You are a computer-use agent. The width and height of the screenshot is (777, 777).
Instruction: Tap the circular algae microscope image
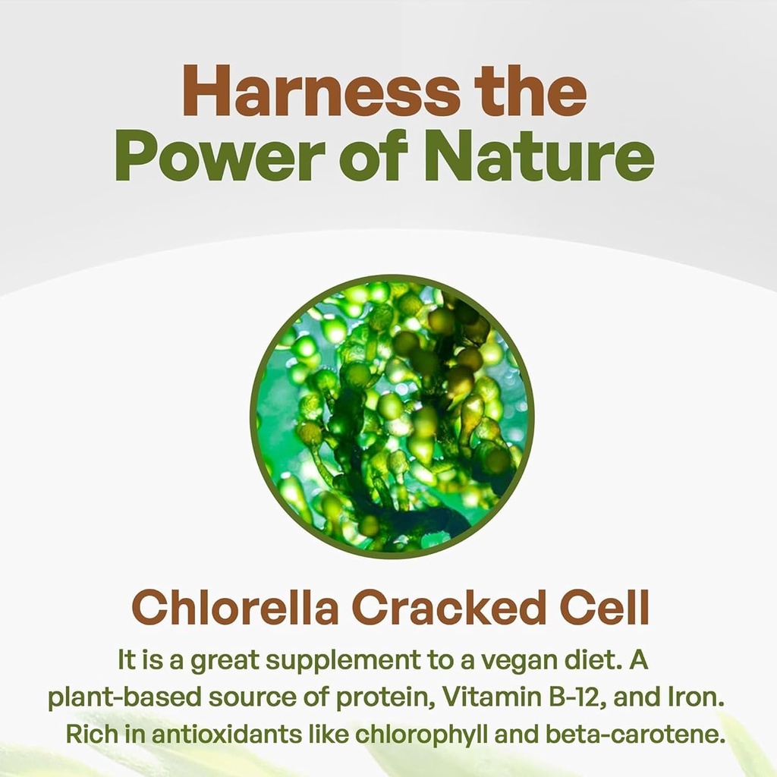coord(392,417)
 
